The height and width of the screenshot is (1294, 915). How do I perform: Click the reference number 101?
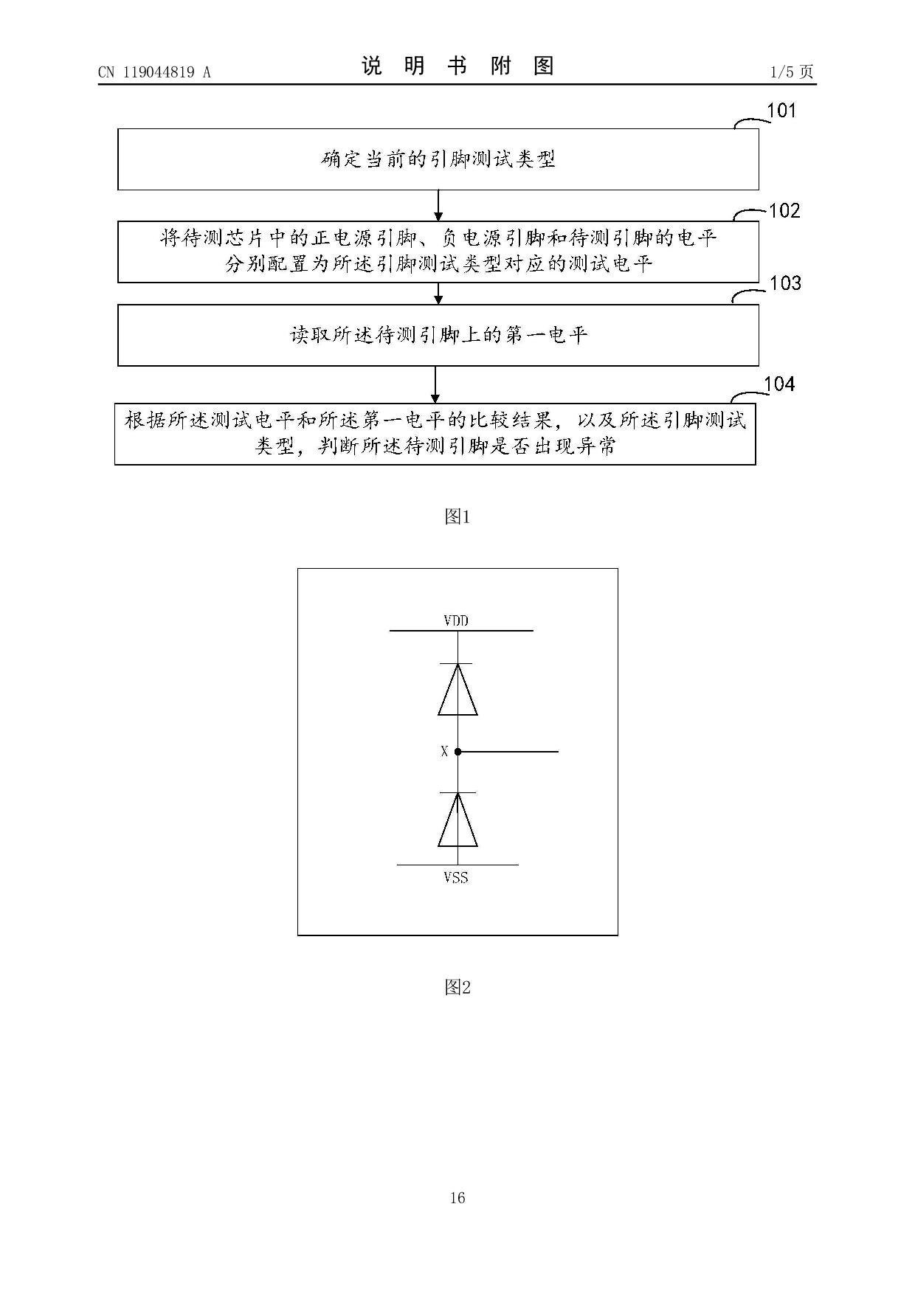coord(782,111)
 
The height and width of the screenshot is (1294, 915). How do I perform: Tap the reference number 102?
coord(784,211)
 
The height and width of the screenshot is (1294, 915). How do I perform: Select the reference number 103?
coord(785,283)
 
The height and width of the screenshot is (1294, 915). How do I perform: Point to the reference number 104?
coord(779,384)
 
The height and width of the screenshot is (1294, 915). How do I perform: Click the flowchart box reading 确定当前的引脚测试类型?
coord(438,159)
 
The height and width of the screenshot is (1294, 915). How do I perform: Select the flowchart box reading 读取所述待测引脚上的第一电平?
coord(438,335)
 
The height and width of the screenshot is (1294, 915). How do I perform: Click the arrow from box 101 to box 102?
coord(438,206)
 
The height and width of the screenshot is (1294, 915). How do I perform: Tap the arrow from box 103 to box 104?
coord(435,384)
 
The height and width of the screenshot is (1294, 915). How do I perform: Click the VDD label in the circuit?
coord(456,620)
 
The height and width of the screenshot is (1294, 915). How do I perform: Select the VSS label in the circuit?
coord(456,878)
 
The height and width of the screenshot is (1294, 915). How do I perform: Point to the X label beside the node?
coord(444,752)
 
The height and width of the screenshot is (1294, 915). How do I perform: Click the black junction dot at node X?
coord(457,752)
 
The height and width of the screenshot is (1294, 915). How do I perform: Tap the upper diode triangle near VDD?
coord(457,690)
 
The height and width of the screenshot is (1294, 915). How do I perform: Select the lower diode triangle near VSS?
coord(457,820)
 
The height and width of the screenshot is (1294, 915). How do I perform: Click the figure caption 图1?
coord(457,517)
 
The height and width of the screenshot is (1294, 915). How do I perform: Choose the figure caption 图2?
coord(457,987)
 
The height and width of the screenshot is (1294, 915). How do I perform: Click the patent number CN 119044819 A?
coord(154,72)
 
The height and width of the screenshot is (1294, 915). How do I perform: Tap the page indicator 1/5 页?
coord(792,72)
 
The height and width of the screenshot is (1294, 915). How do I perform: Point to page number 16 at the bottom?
coord(457,1197)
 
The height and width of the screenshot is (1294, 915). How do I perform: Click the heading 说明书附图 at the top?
coord(457,66)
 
